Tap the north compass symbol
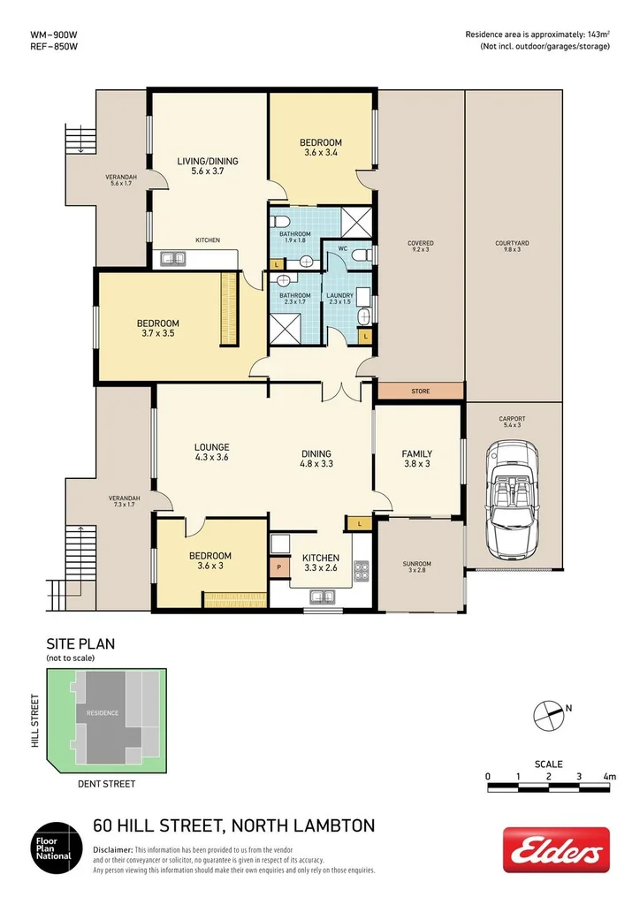tap(549, 713)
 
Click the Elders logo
tap(556, 850)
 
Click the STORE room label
tap(420, 391)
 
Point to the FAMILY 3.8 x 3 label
tap(417, 458)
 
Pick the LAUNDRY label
tap(339, 295)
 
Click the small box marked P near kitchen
tap(279, 566)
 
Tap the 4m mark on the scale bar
tap(609, 776)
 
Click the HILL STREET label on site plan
tap(35, 721)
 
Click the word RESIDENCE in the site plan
tap(103, 711)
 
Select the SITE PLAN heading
tap(80, 644)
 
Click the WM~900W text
tap(54, 34)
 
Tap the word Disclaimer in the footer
tap(113, 848)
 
